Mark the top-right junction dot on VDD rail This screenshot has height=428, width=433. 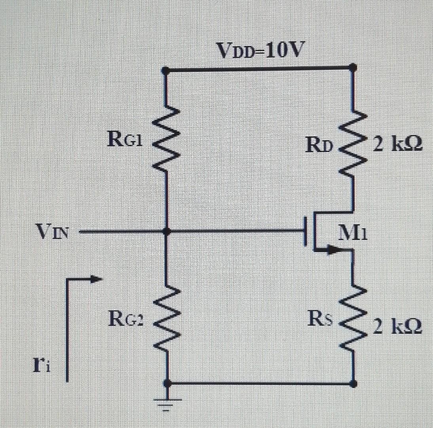point(353,69)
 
